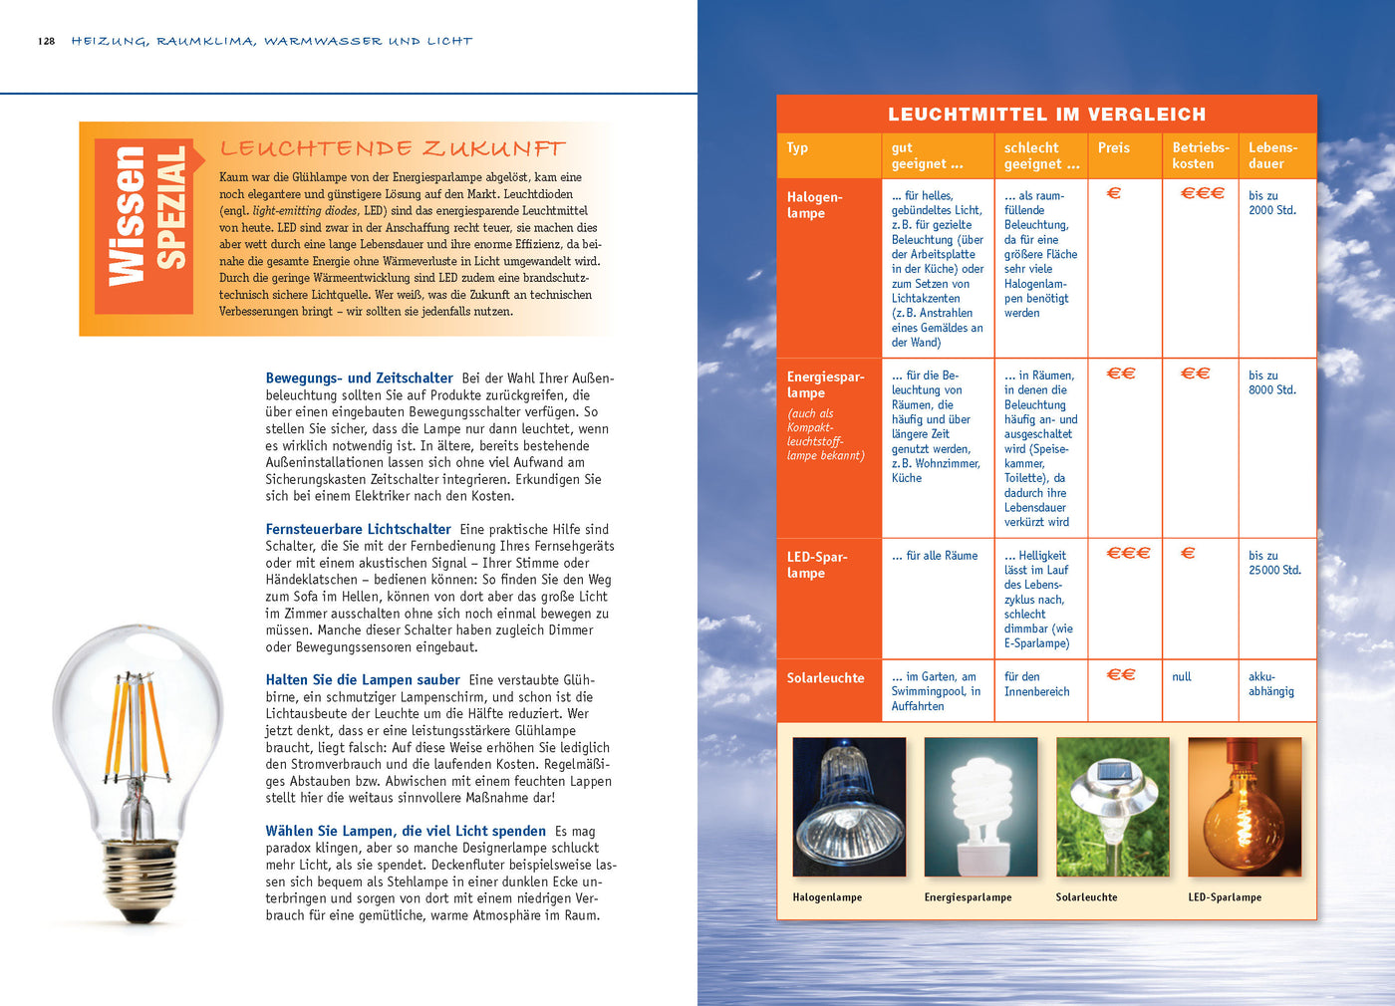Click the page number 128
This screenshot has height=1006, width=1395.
[47, 42]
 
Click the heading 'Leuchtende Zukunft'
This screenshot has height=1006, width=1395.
[393, 149]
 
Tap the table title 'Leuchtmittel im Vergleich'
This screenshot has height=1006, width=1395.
[1046, 115]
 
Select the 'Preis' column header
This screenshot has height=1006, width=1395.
[1114, 148]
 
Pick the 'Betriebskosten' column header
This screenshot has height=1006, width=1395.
[1200, 155]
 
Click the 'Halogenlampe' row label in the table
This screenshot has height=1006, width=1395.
[814, 205]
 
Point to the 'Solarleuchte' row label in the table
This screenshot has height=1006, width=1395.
[825, 678]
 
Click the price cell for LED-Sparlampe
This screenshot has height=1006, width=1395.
[1128, 553]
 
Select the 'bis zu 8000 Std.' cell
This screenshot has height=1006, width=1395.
[1271, 382]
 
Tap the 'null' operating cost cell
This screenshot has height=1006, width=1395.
[1182, 677]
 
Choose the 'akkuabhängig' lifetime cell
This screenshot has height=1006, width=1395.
[1270, 684]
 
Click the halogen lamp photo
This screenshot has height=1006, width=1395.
[849, 807]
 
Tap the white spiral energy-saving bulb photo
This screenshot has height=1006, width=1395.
[980, 807]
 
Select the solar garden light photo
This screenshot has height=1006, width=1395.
[1112, 807]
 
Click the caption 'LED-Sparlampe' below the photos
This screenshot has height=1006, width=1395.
[1224, 897]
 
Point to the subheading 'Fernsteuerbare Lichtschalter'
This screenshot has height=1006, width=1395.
[358, 530]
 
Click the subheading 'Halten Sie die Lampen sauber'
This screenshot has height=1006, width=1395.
[363, 680]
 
